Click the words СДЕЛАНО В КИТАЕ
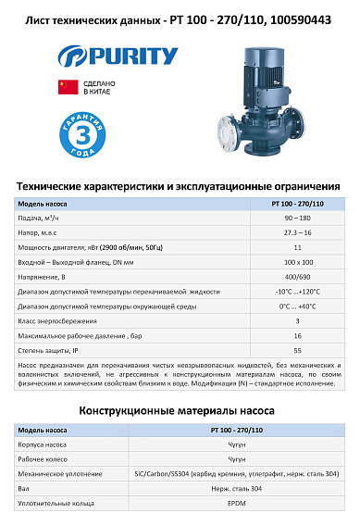tap(99, 89)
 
